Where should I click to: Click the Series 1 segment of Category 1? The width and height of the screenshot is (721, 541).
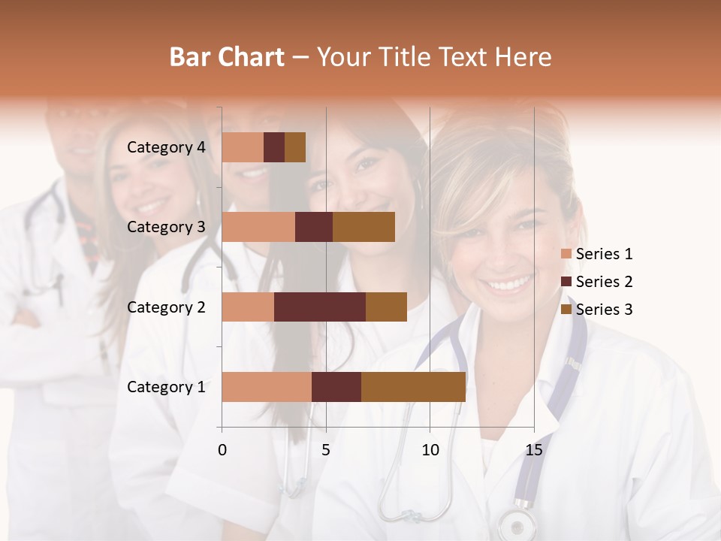pos(267,386)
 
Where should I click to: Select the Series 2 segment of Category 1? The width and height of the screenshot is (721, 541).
pos(336,386)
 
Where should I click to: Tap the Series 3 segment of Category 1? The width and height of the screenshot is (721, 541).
pos(413,386)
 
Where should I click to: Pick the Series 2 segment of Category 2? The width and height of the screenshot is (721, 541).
pos(320,307)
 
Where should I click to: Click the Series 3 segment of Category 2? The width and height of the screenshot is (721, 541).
pos(386,307)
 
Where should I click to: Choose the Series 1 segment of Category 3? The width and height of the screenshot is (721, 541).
pos(258,227)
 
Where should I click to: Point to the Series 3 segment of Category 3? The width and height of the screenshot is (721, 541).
pos(364,227)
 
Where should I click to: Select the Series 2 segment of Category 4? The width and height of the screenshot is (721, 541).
pos(274,147)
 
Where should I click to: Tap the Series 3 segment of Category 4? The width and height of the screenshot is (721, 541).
pos(295,147)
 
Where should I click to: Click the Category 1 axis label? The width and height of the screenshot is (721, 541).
pos(166,387)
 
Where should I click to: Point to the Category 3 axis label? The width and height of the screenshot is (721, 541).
pos(166,227)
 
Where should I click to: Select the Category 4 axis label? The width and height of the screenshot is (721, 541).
pos(166,147)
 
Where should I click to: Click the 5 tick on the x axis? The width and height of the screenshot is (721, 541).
pos(326,450)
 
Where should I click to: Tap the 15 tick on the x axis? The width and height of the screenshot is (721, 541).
pos(533,450)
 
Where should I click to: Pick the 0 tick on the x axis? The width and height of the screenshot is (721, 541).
pos(222,450)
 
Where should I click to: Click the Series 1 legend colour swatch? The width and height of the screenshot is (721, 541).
pos(566,254)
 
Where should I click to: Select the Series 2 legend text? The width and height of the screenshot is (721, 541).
pos(604,282)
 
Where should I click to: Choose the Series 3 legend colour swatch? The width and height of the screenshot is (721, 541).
pos(566,310)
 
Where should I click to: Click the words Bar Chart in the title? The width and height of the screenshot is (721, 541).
pos(227,57)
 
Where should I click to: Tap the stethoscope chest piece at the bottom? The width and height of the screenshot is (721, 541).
pos(516,523)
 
